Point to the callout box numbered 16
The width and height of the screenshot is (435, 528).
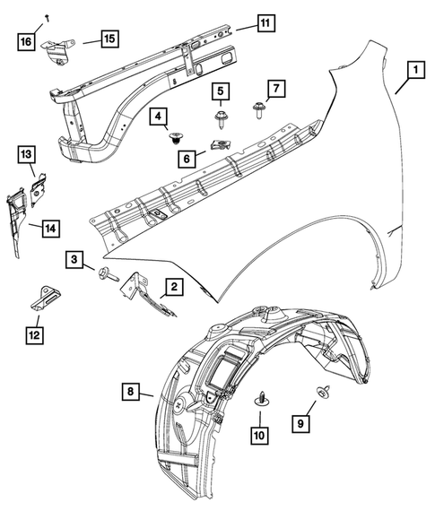point(26,40)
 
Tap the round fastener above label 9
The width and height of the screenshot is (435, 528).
point(319,391)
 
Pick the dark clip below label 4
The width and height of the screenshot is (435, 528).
point(176,139)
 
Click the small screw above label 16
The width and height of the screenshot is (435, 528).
point(44,18)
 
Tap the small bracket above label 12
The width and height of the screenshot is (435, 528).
point(41,297)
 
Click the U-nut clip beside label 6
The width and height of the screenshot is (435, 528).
point(217,142)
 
